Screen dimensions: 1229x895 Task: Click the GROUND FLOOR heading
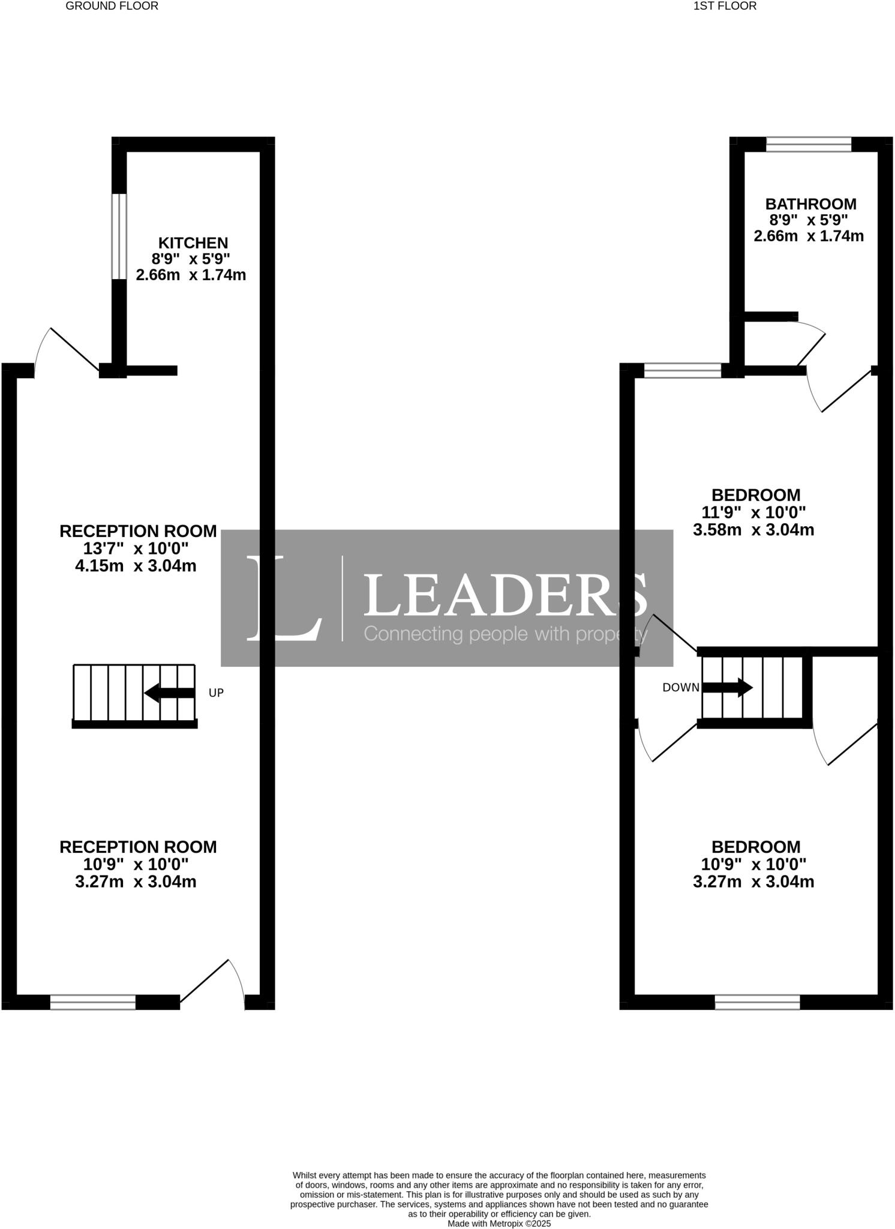[112, 6]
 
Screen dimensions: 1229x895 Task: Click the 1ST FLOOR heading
[725, 6]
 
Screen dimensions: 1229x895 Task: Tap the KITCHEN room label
[193, 243]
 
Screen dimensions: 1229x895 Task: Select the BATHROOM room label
[810, 204]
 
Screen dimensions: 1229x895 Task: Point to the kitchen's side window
[119, 236]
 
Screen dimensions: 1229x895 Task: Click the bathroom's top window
[809, 144]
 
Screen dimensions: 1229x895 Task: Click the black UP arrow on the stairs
[169, 693]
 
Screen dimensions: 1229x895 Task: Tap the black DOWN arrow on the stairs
[727, 687]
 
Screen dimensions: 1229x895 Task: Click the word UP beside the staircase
[216, 693]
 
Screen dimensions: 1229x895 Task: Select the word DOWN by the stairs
[681, 688]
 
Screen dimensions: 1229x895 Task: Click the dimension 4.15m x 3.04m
[136, 566]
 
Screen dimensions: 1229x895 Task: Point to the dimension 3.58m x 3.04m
[753, 530]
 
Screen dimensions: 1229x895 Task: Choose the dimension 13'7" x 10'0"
[136, 548]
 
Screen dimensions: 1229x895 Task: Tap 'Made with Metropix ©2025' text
[499, 1223]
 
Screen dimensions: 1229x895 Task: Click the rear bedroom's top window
[682, 370]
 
